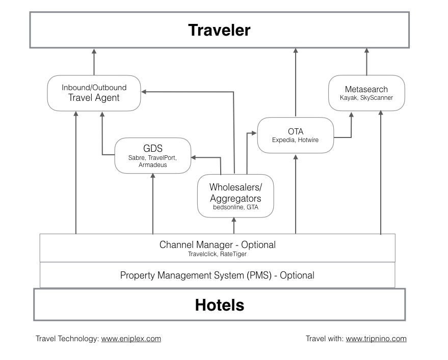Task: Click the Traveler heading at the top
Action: point(219,30)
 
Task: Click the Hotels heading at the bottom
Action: point(219,305)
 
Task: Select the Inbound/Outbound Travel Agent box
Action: point(94,93)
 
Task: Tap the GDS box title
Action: point(152,148)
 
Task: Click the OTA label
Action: point(295,132)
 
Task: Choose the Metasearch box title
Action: point(366,89)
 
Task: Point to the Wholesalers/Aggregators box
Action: point(235,196)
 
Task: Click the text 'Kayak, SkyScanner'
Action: point(366,98)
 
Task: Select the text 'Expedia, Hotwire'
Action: point(295,140)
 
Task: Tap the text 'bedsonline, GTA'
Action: point(235,208)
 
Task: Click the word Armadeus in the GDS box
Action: point(152,165)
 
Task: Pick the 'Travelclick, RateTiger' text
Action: point(217,254)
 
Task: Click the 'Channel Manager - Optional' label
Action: point(217,244)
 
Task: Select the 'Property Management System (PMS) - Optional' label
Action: point(217,275)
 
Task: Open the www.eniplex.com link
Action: point(131,339)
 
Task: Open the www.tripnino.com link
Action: point(376,339)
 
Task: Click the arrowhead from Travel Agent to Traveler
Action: point(94,51)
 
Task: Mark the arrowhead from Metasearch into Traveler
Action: point(366,51)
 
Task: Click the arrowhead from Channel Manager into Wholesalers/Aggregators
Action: point(234,220)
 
